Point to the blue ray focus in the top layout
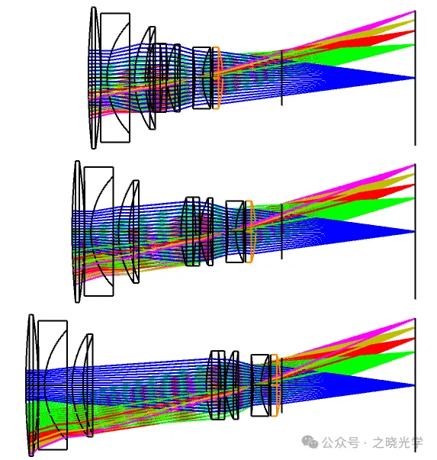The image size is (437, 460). pos(414,78)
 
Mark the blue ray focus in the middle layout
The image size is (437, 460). pos(414,232)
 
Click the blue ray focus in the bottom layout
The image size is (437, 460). pos(414,385)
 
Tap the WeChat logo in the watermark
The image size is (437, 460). pos(310,442)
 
